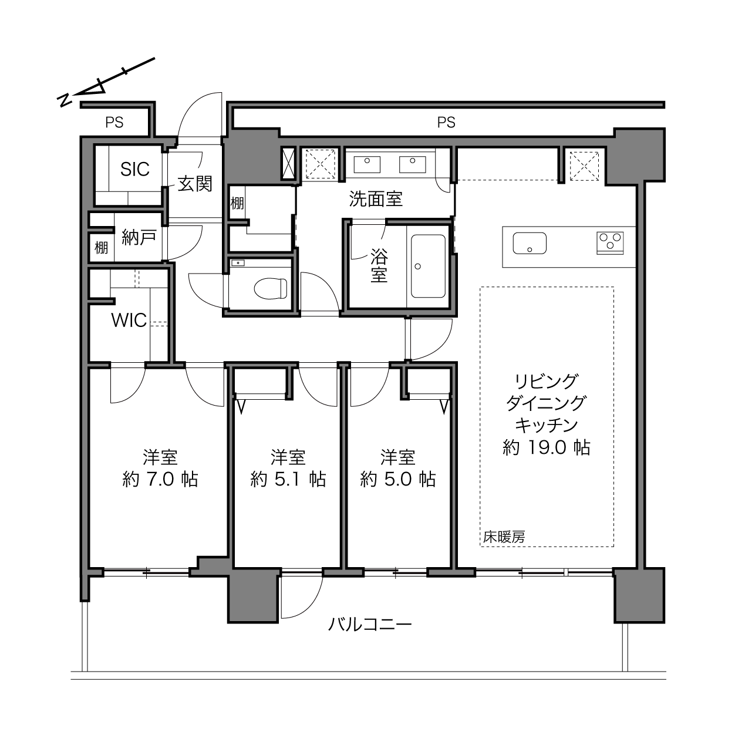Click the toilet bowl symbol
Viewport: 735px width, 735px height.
pos(271,288)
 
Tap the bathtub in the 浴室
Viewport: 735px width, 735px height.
pos(428,267)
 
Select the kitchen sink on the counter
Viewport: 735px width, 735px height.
pos(530,243)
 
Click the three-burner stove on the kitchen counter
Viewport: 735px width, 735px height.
pos(610,243)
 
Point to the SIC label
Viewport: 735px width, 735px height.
pos(134,169)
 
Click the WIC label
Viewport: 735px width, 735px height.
pos(129,321)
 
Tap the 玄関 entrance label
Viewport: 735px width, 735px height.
pos(195,184)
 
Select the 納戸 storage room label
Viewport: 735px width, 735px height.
pos(139,237)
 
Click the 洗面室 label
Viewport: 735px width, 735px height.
pos(376,199)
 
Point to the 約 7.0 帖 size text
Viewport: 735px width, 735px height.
pos(160,480)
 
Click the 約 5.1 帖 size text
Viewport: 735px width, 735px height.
pos(288,480)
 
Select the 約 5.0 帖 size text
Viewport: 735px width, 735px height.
pos(398,480)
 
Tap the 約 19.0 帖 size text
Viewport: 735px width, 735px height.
pos(546,447)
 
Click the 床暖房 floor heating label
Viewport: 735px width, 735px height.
pos(504,537)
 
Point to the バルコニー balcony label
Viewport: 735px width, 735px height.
pos(370,625)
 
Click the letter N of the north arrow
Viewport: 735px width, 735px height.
pos(65,100)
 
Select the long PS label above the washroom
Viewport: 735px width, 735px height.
pos(446,123)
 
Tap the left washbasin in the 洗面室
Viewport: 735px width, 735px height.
pos(366,164)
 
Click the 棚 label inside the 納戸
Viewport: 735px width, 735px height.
pos(101,248)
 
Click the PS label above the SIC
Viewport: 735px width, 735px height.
pos(114,123)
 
